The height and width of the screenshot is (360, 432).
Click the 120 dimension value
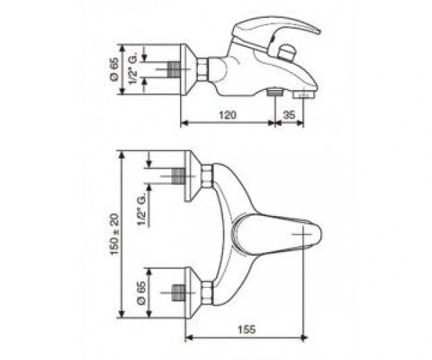coord(228,114)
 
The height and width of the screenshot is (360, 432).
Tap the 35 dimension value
coord(289,114)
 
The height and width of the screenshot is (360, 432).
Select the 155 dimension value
coord(246,329)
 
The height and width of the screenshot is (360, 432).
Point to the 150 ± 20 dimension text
coord(114,234)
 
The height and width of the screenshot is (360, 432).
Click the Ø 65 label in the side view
coord(114,69)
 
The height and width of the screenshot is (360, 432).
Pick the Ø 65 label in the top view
coord(141,293)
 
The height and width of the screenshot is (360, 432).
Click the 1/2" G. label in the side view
coord(133,70)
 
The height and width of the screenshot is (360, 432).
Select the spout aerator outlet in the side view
coord(303,95)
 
